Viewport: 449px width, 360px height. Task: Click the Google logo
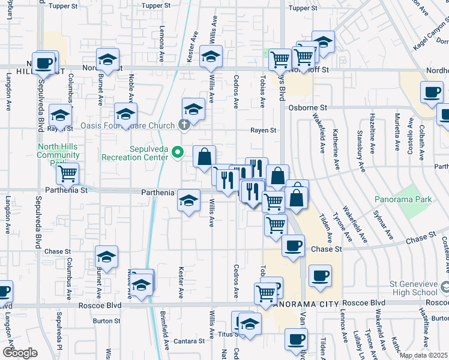[x=20, y=353]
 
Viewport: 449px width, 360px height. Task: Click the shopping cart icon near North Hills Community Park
[x=68, y=173]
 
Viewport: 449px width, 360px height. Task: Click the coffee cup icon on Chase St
[x=293, y=245]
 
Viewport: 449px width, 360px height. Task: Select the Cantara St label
[x=190, y=341]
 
